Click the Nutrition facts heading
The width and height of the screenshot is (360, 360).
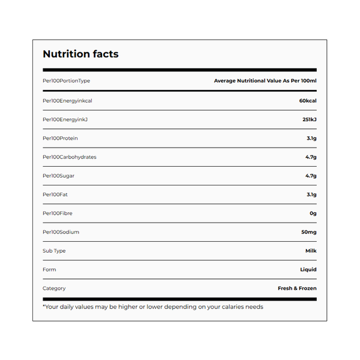80,54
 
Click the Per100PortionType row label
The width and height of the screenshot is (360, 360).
66,80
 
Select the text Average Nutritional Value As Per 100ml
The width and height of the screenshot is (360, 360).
265,80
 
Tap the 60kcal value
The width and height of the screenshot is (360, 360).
307,100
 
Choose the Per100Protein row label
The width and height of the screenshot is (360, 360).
60,138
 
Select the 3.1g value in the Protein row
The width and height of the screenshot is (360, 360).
311,138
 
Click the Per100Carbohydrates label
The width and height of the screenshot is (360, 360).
69,157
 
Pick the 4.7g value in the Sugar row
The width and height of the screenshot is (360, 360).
311,176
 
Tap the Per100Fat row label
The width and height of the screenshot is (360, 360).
56,194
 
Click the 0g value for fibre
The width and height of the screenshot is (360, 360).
313,213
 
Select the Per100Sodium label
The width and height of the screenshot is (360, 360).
61,232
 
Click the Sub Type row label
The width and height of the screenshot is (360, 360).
54,250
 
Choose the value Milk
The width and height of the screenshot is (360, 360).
311,250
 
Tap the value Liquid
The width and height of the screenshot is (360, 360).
308,269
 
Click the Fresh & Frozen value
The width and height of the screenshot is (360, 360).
297,288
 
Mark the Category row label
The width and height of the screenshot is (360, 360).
54,288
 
